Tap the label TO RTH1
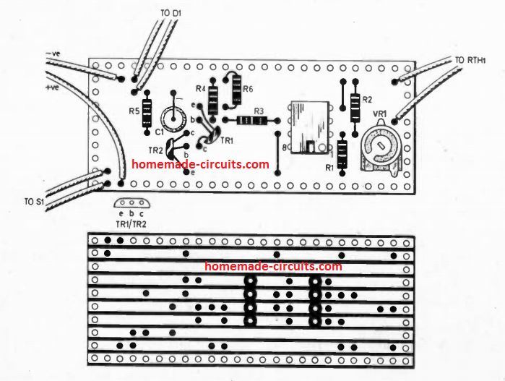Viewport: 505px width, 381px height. [x=470, y=60]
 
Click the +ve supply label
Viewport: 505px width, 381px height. [x=53, y=87]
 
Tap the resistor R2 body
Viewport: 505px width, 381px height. [x=355, y=108]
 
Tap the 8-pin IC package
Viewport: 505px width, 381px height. [x=308, y=127]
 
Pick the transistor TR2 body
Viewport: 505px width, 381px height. [x=174, y=150]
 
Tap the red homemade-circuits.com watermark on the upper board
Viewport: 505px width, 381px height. [x=201, y=165]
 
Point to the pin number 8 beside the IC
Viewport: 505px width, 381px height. [x=285, y=148]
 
